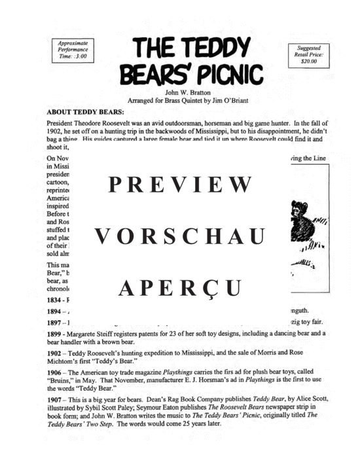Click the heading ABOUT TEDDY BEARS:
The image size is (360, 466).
tap(86, 111)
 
